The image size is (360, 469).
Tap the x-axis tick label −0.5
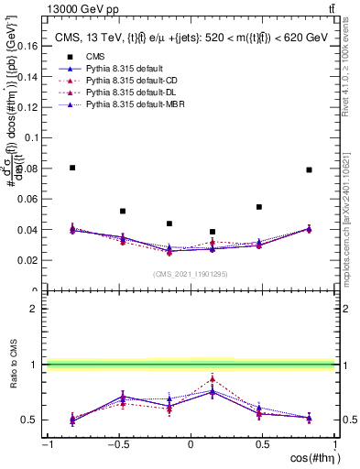tap(117, 444)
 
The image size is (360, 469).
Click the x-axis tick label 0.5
tap(263, 444)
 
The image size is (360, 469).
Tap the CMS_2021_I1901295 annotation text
tap(191, 274)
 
